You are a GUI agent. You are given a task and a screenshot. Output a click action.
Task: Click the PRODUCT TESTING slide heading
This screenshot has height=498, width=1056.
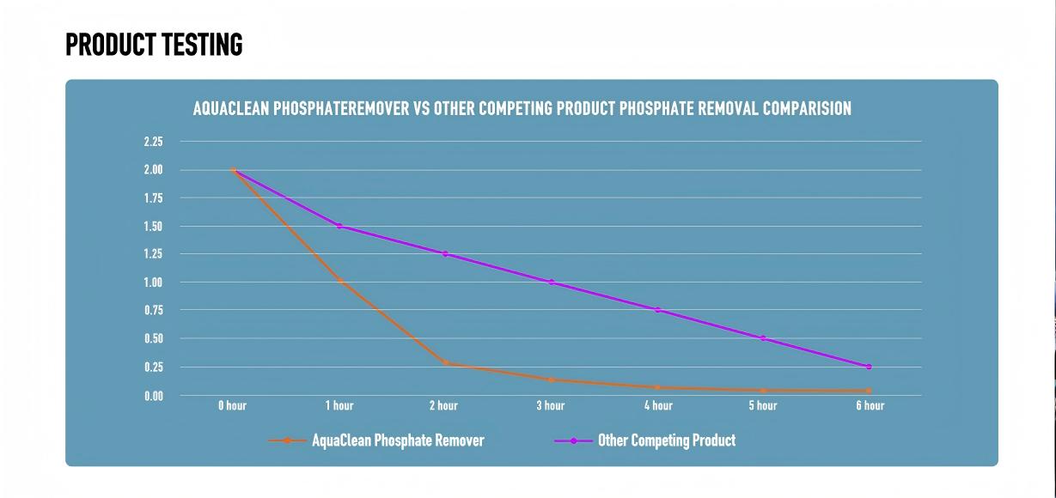click(154, 45)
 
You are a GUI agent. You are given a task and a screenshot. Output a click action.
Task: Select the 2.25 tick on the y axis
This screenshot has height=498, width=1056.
click(153, 142)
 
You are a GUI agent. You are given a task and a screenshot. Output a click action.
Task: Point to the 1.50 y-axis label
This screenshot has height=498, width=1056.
click(153, 227)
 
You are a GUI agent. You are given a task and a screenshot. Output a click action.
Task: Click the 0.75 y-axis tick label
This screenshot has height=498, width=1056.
click(153, 311)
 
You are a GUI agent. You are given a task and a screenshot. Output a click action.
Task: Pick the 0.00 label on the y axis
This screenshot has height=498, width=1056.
click(153, 396)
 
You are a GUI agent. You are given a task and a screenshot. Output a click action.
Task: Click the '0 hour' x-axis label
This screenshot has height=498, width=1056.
click(232, 406)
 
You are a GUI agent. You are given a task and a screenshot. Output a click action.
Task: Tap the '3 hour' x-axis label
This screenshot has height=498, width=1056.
click(551, 406)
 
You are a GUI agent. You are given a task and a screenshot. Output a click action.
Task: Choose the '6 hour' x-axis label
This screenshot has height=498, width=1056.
click(870, 406)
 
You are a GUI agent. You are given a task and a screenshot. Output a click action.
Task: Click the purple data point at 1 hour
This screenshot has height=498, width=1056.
click(339, 226)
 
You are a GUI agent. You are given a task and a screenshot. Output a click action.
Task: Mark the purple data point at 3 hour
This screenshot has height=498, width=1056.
click(551, 282)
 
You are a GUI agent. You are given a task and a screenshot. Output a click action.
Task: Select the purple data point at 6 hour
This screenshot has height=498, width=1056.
click(869, 367)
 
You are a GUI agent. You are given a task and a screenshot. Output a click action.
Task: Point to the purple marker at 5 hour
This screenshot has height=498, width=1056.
click(762, 338)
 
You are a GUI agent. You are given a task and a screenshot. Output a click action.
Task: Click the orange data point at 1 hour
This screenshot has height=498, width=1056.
click(340, 281)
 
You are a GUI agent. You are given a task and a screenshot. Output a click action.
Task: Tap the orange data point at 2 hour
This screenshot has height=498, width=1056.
click(445, 363)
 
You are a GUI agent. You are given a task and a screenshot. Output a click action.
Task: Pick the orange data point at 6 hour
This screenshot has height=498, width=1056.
click(869, 391)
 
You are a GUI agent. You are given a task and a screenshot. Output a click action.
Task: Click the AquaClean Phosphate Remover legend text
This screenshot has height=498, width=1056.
click(398, 440)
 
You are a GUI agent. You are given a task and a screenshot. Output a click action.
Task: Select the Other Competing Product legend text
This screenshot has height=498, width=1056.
click(667, 440)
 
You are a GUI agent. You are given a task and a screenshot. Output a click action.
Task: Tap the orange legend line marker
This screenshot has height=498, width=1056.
click(287, 440)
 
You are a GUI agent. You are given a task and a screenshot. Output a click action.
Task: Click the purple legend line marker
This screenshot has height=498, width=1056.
click(573, 440)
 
